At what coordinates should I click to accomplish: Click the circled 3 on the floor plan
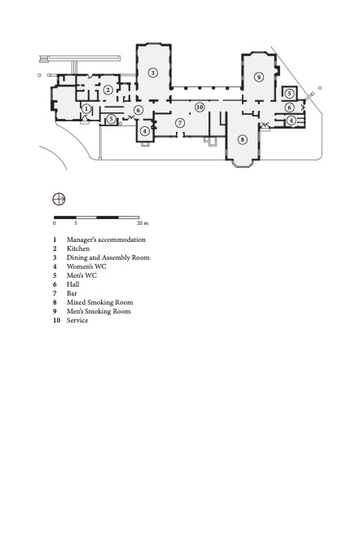pyautogui.click(x=153, y=72)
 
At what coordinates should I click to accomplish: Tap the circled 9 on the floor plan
pyautogui.click(x=259, y=77)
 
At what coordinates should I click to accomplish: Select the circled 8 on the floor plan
pyautogui.click(x=243, y=139)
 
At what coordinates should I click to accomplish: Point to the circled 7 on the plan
pyautogui.click(x=179, y=123)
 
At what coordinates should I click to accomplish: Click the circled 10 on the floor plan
pyautogui.click(x=200, y=108)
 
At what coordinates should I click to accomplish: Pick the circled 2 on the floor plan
pyautogui.click(x=108, y=90)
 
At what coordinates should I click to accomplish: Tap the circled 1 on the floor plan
pyautogui.click(x=86, y=109)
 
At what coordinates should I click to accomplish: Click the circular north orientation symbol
pyautogui.click(x=59, y=199)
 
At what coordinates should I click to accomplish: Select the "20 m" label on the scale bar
pyautogui.click(x=143, y=223)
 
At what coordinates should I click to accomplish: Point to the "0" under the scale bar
pyautogui.click(x=54, y=223)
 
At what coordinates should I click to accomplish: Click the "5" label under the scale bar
pyautogui.click(x=76, y=223)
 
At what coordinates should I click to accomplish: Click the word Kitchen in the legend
pyautogui.click(x=78, y=248)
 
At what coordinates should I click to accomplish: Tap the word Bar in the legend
pyautogui.click(x=72, y=293)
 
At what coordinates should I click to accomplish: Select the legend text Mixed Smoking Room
pyautogui.click(x=100, y=302)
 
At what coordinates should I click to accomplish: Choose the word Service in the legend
pyautogui.click(x=77, y=320)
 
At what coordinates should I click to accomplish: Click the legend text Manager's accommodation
pyautogui.click(x=106, y=239)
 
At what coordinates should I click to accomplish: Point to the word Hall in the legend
pyautogui.click(x=73, y=284)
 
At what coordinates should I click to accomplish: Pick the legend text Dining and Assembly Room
pyautogui.click(x=108, y=257)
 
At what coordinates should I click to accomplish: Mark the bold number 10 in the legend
pyautogui.click(x=56, y=320)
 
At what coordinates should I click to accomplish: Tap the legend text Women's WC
pyautogui.click(x=86, y=266)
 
